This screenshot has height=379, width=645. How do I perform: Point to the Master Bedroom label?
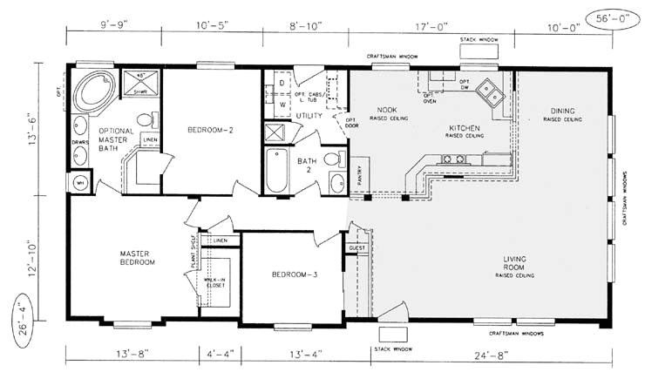tap(137, 258)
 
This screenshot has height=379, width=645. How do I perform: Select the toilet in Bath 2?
tap(332, 159)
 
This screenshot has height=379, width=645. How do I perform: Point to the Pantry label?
tap(360, 177)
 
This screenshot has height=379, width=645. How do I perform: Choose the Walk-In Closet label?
tap(216, 282)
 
